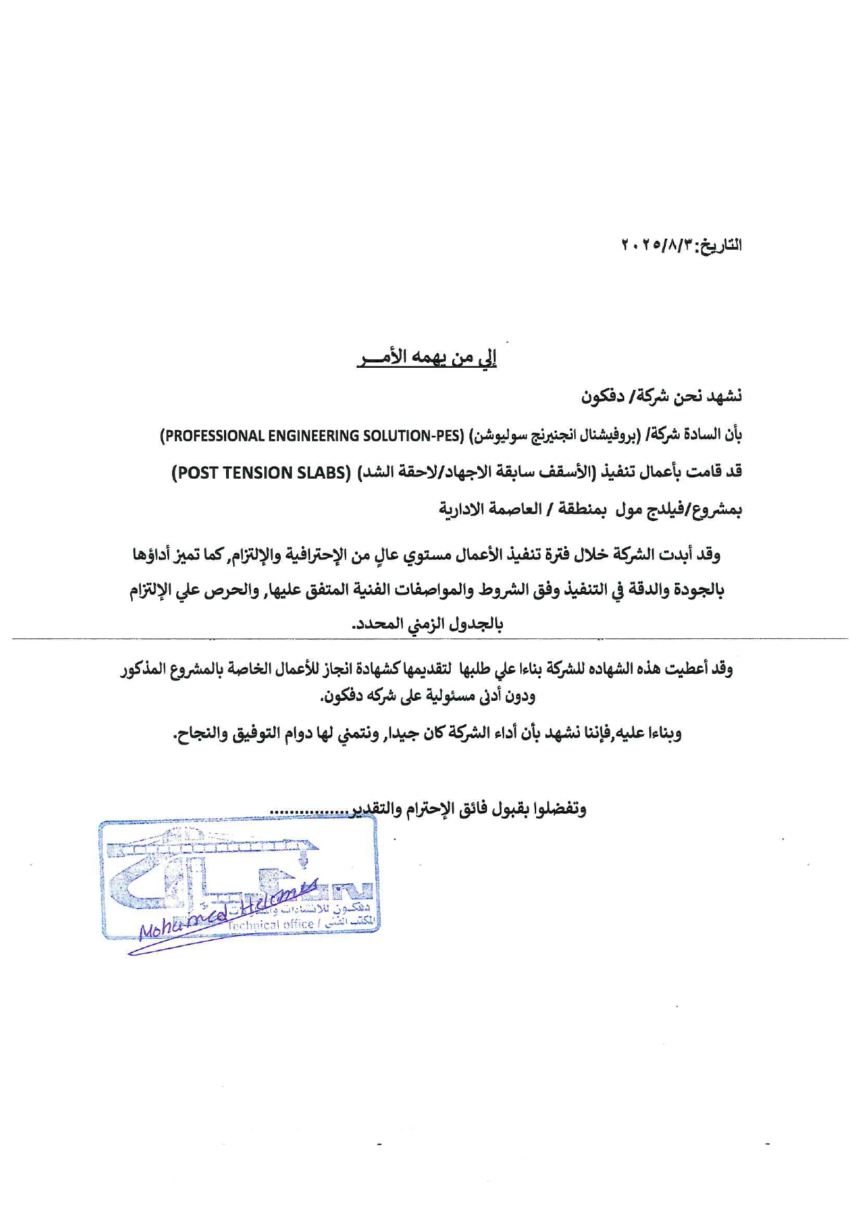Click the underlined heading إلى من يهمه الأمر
point(427,358)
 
